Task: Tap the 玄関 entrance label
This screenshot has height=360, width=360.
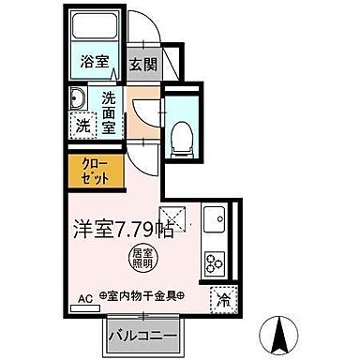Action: (x=143, y=66)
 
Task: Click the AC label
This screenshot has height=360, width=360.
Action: (x=83, y=297)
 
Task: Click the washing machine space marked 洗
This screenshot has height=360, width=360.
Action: (x=82, y=123)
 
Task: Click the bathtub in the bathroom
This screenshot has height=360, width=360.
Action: (x=94, y=30)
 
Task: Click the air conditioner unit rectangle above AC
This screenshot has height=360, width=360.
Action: (x=83, y=307)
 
